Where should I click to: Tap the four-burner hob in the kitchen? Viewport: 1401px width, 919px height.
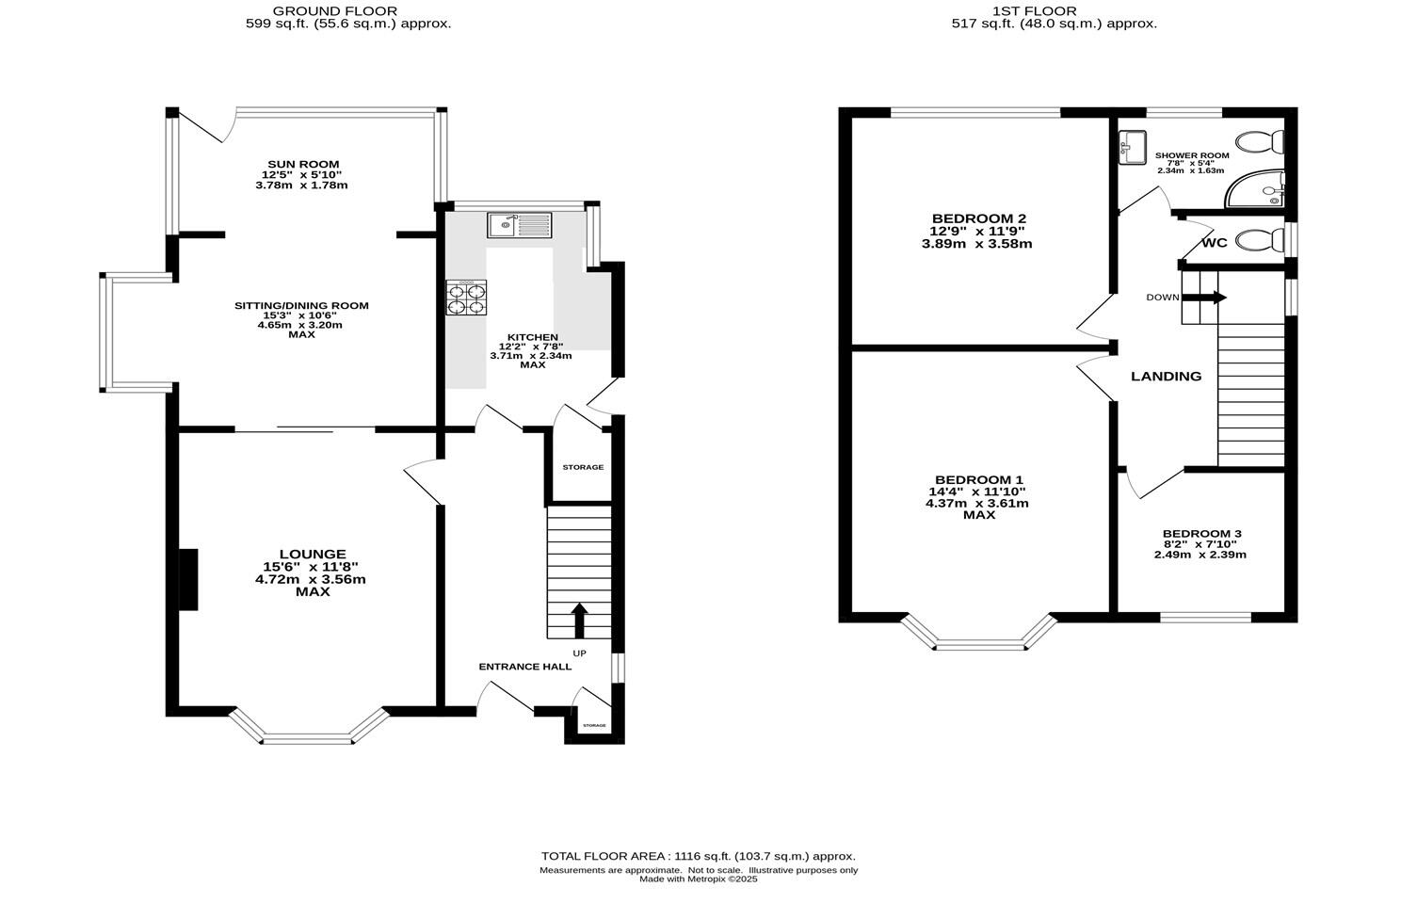pyautogui.click(x=466, y=297)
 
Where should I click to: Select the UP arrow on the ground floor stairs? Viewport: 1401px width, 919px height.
pyautogui.click(x=579, y=621)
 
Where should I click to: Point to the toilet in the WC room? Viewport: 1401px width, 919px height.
pyautogui.click(x=1259, y=242)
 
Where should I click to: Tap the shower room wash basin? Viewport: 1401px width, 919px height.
pyautogui.click(x=1132, y=148)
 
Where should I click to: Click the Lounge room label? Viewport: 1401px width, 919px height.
pyautogui.click(x=312, y=554)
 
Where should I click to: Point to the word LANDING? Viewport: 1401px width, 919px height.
pyautogui.click(x=1166, y=377)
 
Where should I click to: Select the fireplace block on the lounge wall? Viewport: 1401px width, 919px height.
pyautogui.click(x=188, y=579)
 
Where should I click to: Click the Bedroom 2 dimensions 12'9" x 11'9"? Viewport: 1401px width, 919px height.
pyautogui.click(x=976, y=231)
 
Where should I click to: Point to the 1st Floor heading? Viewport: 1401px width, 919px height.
pyautogui.click(x=1054, y=11)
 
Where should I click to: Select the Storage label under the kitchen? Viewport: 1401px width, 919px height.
pyautogui.click(x=583, y=467)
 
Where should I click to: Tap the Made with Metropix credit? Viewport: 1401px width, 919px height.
pyautogui.click(x=698, y=879)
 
